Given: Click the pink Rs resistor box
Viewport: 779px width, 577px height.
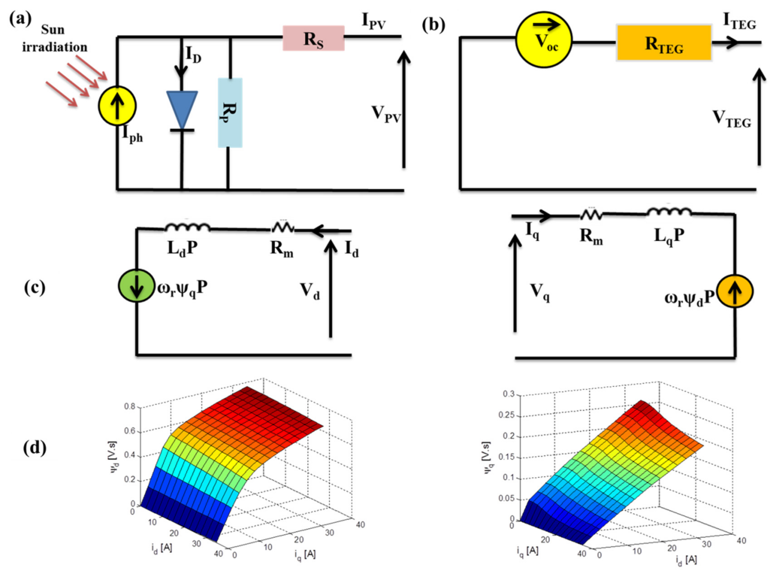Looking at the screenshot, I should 313,38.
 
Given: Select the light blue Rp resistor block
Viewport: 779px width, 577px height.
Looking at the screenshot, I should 230,112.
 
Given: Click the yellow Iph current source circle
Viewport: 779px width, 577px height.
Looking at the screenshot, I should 117,106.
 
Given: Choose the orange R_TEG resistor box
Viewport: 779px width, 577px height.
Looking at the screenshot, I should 664,43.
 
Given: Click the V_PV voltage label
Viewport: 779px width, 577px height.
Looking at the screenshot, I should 386,114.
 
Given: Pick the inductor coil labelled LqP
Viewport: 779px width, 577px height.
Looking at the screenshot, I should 669,212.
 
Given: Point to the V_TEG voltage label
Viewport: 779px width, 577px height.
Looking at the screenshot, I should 732,118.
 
